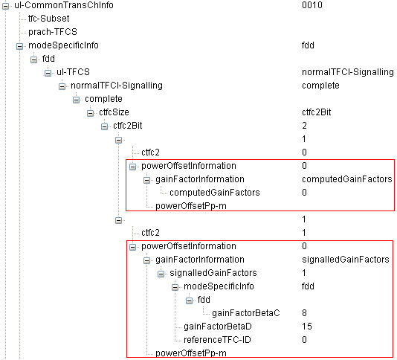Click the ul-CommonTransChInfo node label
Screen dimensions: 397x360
click(x=64, y=5)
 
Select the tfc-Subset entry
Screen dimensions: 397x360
click(x=48, y=19)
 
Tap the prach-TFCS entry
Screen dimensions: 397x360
click(x=53, y=32)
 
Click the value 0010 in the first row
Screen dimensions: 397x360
click(x=312, y=5)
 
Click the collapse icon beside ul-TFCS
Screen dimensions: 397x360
click(x=48, y=73)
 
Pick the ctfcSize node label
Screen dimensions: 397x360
click(x=114, y=112)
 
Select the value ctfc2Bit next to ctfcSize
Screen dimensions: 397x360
click(x=317, y=112)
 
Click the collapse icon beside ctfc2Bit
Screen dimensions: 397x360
click(x=104, y=126)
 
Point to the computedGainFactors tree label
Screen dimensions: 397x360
click(x=215, y=193)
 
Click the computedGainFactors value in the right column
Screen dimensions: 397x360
click(x=347, y=179)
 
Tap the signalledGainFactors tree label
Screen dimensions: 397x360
click(x=213, y=273)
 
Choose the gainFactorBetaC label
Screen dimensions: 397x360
click(x=246, y=313)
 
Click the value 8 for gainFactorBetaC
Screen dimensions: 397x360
click(x=304, y=313)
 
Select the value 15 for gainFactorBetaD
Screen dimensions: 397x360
click(x=307, y=327)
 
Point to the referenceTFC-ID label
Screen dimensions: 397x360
click(x=217, y=340)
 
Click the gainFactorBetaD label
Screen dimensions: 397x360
click(x=218, y=327)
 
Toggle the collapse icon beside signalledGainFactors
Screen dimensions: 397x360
click(x=161, y=274)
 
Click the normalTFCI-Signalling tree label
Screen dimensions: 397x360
click(x=117, y=86)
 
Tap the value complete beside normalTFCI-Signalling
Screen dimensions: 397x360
click(x=320, y=86)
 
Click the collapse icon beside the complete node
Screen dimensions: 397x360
click(x=76, y=100)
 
